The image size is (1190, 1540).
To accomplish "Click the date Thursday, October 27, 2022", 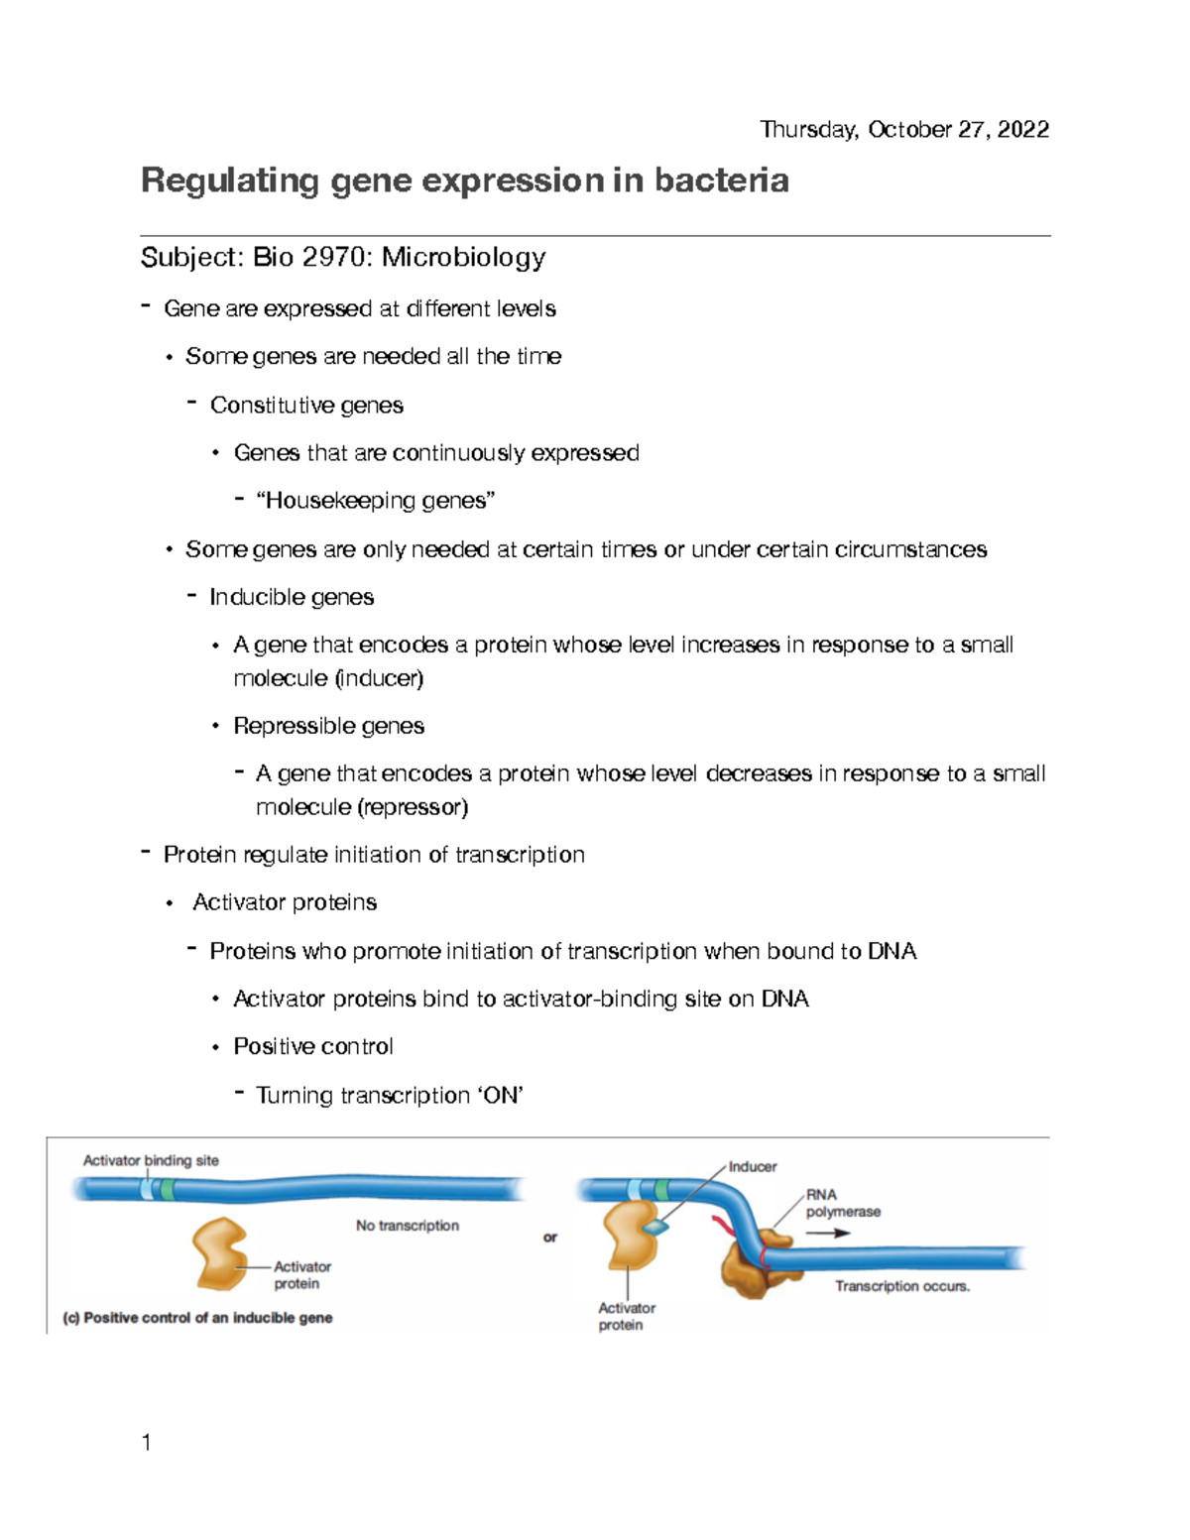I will (x=903, y=130).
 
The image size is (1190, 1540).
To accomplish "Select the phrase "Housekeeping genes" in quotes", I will (x=375, y=501).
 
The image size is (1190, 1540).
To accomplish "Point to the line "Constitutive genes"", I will (x=306, y=406).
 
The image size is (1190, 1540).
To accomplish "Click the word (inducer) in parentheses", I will (x=379, y=678).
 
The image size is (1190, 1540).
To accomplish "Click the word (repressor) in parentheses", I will (x=414, y=807).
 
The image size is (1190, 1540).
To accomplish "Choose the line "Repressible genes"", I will (x=328, y=726).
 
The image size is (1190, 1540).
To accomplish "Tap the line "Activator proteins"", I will (x=285, y=902).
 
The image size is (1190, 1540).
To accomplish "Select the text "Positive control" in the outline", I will (x=313, y=1047).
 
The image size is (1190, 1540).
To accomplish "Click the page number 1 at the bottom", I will (x=147, y=1443).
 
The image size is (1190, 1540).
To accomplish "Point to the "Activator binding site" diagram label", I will (x=151, y=1160).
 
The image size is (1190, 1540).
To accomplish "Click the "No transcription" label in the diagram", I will (x=407, y=1226).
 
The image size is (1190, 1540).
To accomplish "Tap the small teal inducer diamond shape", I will (x=655, y=1228).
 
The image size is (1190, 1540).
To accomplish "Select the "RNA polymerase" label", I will (x=842, y=1203).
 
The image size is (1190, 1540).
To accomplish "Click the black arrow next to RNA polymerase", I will (x=828, y=1234).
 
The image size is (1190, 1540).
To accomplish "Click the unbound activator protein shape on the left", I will (x=220, y=1253).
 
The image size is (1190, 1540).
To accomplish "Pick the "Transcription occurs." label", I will (x=901, y=1286).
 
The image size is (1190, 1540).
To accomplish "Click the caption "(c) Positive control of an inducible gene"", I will (x=197, y=1318).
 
